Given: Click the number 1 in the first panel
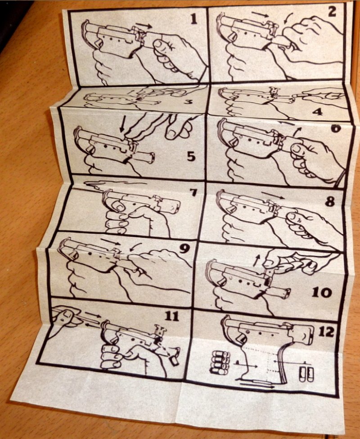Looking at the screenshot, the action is tap(193, 19).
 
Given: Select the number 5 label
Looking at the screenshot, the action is tap(191, 157).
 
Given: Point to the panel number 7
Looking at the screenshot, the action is tap(193, 193).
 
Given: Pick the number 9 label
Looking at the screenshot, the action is tap(184, 249).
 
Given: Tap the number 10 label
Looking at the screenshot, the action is tap(322, 293).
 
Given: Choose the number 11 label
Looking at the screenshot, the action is tap(171, 316).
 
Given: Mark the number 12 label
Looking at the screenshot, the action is tap(326, 332).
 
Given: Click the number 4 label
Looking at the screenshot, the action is tap(317, 112).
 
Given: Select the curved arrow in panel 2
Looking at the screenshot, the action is tap(288, 18).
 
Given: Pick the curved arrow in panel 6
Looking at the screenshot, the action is tap(297, 132).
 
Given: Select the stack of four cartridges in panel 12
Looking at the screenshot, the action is tap(220, 363).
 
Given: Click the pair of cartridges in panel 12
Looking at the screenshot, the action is tap(306, 374).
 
